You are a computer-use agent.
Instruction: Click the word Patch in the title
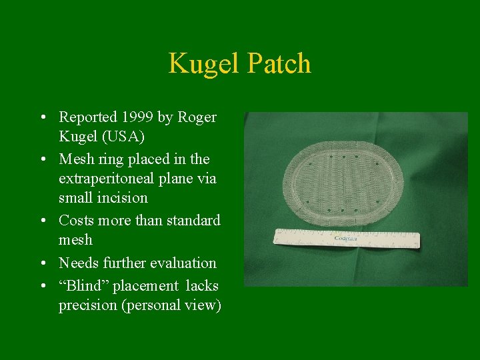pos(279,64)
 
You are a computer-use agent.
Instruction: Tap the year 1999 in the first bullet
pos(137,117)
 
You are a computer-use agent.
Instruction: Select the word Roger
pos(198,117)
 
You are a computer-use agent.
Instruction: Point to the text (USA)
pos(123,137)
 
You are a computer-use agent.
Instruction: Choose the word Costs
pos(77,221)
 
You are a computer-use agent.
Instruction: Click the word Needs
pos(79,263)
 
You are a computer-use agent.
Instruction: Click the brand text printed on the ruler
pos(345,237)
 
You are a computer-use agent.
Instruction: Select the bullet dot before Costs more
pos(42,221)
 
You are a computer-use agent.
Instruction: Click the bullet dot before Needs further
pos(42,263)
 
